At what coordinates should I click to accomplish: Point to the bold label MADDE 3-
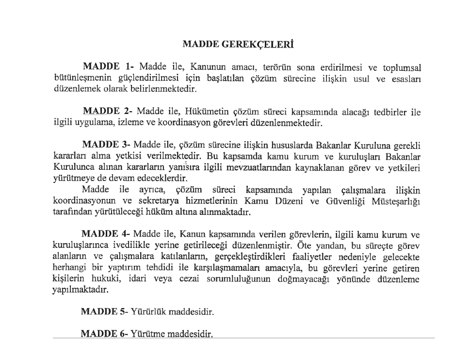pyautogui.click(x=106, y=145)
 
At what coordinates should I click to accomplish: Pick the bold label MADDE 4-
pyautogui.click(x=105, y=234)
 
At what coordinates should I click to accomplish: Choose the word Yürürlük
pyautogui.click(x=150, y=311)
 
